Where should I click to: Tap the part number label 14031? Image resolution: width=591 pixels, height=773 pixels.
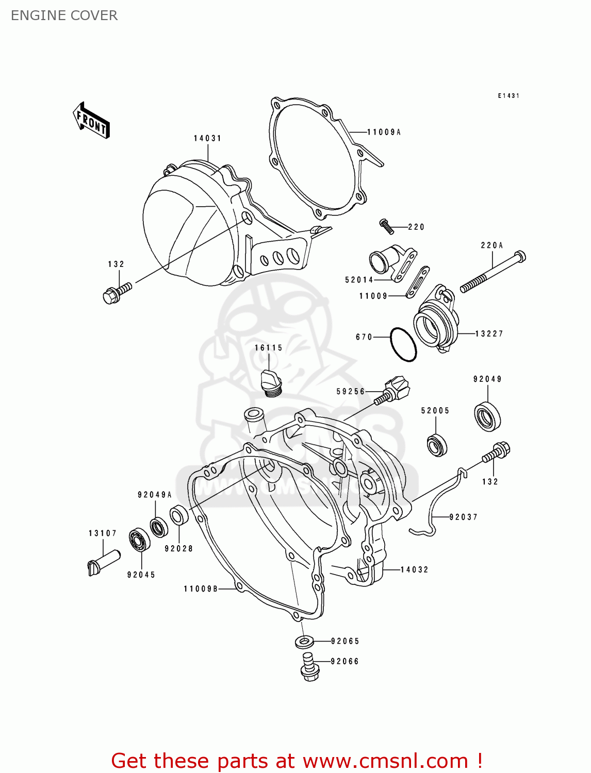[207, 138]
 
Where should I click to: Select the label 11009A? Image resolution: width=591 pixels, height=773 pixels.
[384, 132]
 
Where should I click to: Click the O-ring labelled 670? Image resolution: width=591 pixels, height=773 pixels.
[403, 345]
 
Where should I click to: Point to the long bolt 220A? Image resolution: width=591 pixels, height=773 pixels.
[492, 272]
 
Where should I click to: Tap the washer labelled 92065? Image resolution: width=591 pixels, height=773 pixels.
[305, 642]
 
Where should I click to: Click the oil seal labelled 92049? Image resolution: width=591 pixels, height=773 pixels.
[487, 415]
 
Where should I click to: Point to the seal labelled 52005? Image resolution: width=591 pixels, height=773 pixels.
[437, 445]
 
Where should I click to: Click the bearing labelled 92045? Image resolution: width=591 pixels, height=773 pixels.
[139, 539]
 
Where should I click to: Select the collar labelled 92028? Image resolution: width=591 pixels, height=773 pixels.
[179, 515]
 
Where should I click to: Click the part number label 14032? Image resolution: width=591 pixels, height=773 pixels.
[414, 569]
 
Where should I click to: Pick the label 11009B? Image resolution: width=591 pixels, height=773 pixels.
[201, 589]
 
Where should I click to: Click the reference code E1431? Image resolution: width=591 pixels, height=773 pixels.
[508, 96]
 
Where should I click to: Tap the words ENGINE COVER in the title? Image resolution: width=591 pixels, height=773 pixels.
[64, 15]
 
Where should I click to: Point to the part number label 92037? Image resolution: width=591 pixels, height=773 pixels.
[463, 517]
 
